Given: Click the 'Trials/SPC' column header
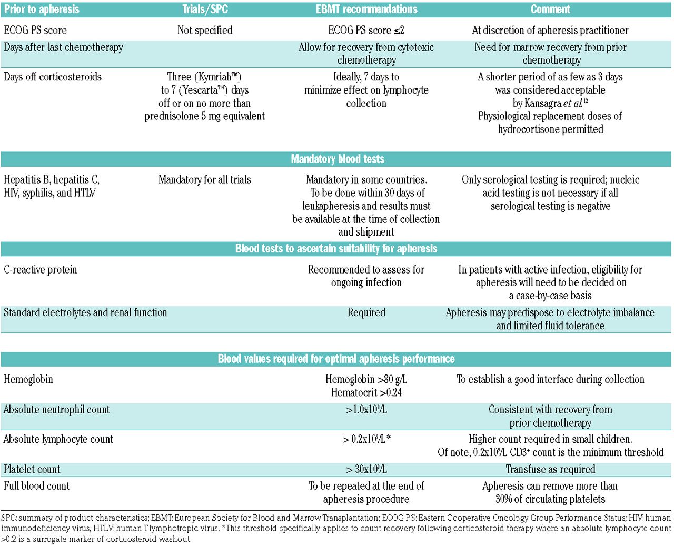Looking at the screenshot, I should [205, 9].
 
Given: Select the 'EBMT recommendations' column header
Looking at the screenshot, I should [366, 9].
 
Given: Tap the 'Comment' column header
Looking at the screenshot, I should [550, 9].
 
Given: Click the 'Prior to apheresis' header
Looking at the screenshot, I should [42, 9].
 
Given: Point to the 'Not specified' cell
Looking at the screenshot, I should [205, 30].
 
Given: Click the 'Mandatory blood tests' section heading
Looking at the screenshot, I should [338, 159].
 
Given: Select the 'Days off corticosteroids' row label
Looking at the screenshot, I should [53, 77].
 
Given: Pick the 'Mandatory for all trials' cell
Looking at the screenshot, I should [205, 180].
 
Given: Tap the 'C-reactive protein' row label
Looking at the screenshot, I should [41, 270].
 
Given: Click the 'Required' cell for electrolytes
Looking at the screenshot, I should [366, 312].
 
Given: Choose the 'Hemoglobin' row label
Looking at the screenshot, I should [28, 379].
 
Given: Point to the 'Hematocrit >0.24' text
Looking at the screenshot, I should [366, 392].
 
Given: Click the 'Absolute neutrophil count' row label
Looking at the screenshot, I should [57, 410].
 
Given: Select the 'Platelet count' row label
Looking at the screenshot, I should [32, 469].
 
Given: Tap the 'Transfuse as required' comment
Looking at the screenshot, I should [550, 469].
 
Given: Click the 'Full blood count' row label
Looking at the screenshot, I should [37, 486].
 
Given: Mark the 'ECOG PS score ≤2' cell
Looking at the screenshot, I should [366, 30].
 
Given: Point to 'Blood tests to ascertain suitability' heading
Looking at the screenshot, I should [336, 248].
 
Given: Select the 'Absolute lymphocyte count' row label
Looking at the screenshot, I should [58, 439].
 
